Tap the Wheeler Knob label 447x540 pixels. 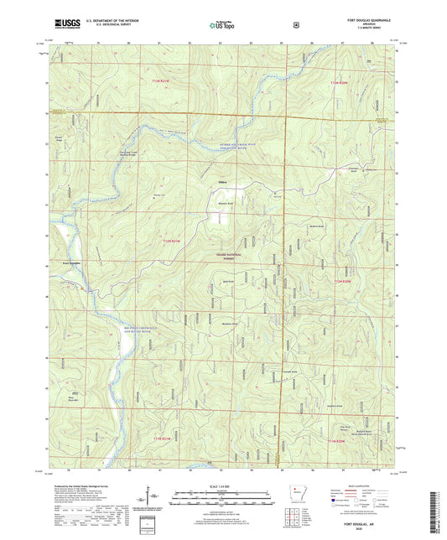pyautogui.click(x=223, y=204)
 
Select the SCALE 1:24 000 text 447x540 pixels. pyautogui.click(x=222, y=486)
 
